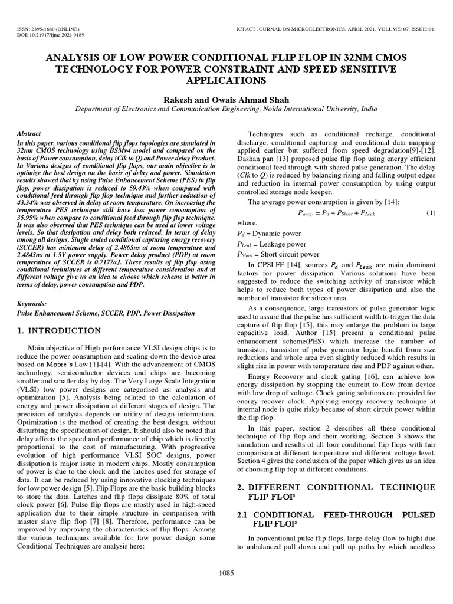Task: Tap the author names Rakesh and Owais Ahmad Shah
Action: pyautogui.click(x=226, y=100)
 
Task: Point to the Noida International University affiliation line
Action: pyautogui.click(x=226, y=109)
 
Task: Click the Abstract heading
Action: pyautogui.click(x=29, y=134)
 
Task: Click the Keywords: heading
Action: pyautogui.click(x=34, y=303)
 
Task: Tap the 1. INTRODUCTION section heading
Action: pyautogui.click(x=59, y=330)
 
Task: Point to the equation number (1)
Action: pyautogui.click(x=430, y=212)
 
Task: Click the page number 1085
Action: pyautogui.click(x=226, y=573)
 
